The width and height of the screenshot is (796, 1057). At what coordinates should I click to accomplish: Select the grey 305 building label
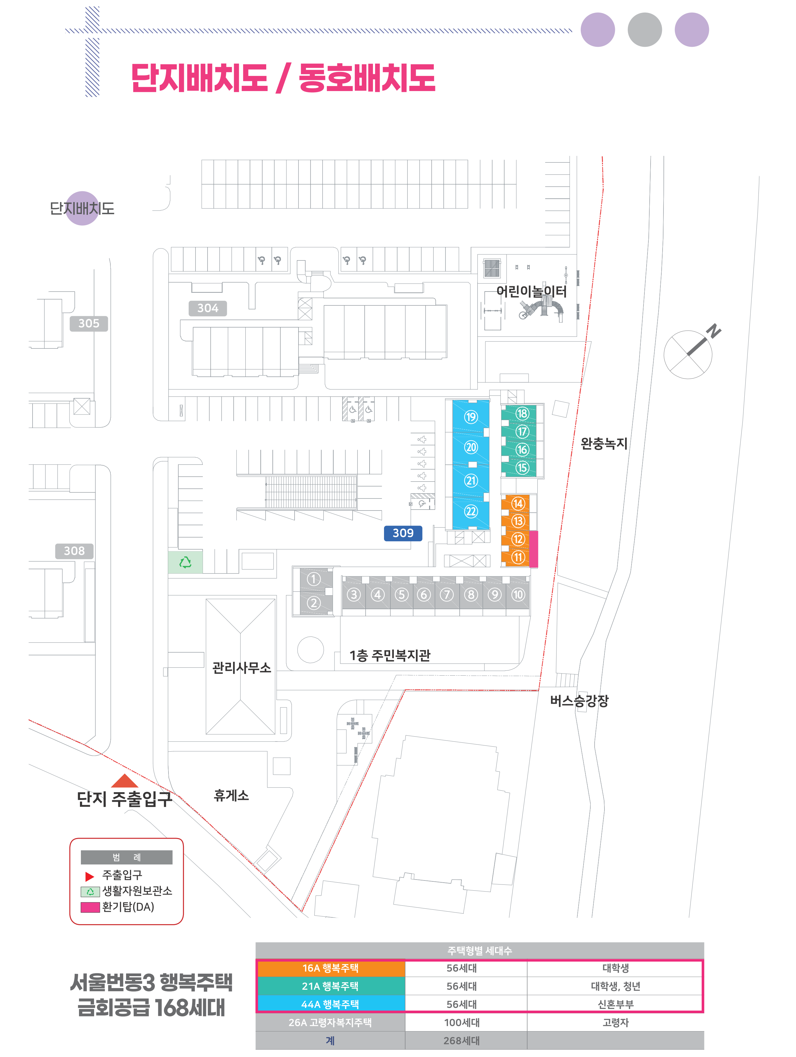click(89, 324)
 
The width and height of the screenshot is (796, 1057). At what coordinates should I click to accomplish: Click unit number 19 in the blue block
click(471, 417)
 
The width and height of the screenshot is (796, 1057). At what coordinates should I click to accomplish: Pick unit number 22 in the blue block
click(471, 511)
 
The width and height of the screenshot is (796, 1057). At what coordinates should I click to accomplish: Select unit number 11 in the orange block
click(518, 557)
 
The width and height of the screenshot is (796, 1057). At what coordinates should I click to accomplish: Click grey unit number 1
click(313, 579)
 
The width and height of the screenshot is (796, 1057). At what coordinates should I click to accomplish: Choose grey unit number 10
click(518, 594)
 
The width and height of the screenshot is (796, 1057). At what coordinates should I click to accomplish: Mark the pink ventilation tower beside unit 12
click(534, 549)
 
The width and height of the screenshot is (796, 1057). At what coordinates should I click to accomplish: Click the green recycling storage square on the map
click(185, 562)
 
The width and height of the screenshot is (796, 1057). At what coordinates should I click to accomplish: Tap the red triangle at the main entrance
click(125, 781)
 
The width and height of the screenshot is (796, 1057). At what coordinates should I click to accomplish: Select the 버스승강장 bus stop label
click(579, 701)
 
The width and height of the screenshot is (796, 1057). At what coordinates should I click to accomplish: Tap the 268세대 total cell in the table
click(461, 1041)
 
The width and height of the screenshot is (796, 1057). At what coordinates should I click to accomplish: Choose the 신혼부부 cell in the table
click(616, 1004)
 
